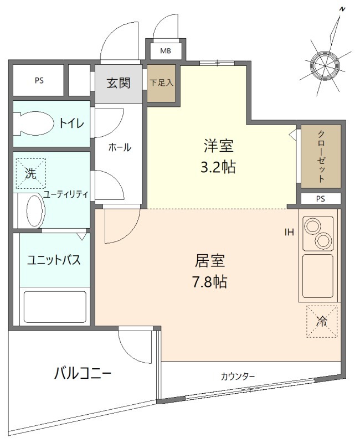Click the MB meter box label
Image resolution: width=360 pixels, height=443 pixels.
(166, 51)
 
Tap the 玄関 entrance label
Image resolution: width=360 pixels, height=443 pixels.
(118, 84)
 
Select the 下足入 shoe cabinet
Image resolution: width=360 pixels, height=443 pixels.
(162, 84)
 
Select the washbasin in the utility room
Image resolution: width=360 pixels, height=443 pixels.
(34, 210)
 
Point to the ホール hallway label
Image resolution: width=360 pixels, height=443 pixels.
(120, 147)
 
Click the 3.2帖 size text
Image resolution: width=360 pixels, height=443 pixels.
(218, 167)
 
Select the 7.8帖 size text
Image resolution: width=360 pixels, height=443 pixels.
(209, 281)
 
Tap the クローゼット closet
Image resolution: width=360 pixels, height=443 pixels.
(321, 156)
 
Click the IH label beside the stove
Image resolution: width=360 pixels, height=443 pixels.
(289, 233)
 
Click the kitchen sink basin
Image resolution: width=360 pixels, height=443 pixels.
(317, 275)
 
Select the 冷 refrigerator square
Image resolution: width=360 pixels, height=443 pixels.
(322, 321)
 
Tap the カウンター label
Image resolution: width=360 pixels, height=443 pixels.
(238, 377)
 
